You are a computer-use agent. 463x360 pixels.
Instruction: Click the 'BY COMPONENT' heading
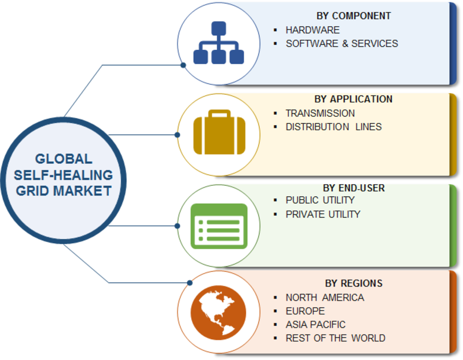[x=354, y=16]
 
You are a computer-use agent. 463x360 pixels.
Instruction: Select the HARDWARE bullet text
[x=313, y=30]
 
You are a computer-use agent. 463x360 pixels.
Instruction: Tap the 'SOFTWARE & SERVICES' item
[x=341, y=43]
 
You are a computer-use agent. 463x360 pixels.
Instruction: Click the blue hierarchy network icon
[x=219, y=42]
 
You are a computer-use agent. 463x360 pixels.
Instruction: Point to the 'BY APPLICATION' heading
[x=353, y=99]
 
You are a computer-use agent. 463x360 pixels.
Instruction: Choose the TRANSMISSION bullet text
[x=320, y=113]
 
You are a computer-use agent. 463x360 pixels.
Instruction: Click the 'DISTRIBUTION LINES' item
[x=334, y=127]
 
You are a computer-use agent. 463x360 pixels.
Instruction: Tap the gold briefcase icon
[x=219, y=132]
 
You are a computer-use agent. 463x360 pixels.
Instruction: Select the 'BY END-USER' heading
[x=354, y=188]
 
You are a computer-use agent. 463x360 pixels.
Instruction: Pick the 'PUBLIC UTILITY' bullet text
[x=320, y=200]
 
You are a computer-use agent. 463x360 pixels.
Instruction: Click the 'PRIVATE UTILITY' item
[x=323, y=214]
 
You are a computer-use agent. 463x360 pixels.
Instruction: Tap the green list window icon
[x=219, y=226]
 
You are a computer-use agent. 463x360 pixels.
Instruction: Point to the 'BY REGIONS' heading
[x=354, y=283]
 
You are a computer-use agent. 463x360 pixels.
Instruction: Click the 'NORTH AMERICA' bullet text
[x=325, y=297]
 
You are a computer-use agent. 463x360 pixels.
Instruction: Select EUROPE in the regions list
[x=305, y=311]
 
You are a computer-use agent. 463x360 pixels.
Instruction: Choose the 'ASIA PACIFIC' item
[x=315, y=325]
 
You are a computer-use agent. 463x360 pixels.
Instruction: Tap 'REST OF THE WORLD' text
[x=336, y=338]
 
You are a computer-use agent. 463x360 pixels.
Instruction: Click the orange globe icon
[x=218, y=313]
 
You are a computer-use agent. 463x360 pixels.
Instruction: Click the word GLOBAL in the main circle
[x=64, y=159]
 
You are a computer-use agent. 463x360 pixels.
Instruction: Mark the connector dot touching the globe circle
[x=190, y=283]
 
